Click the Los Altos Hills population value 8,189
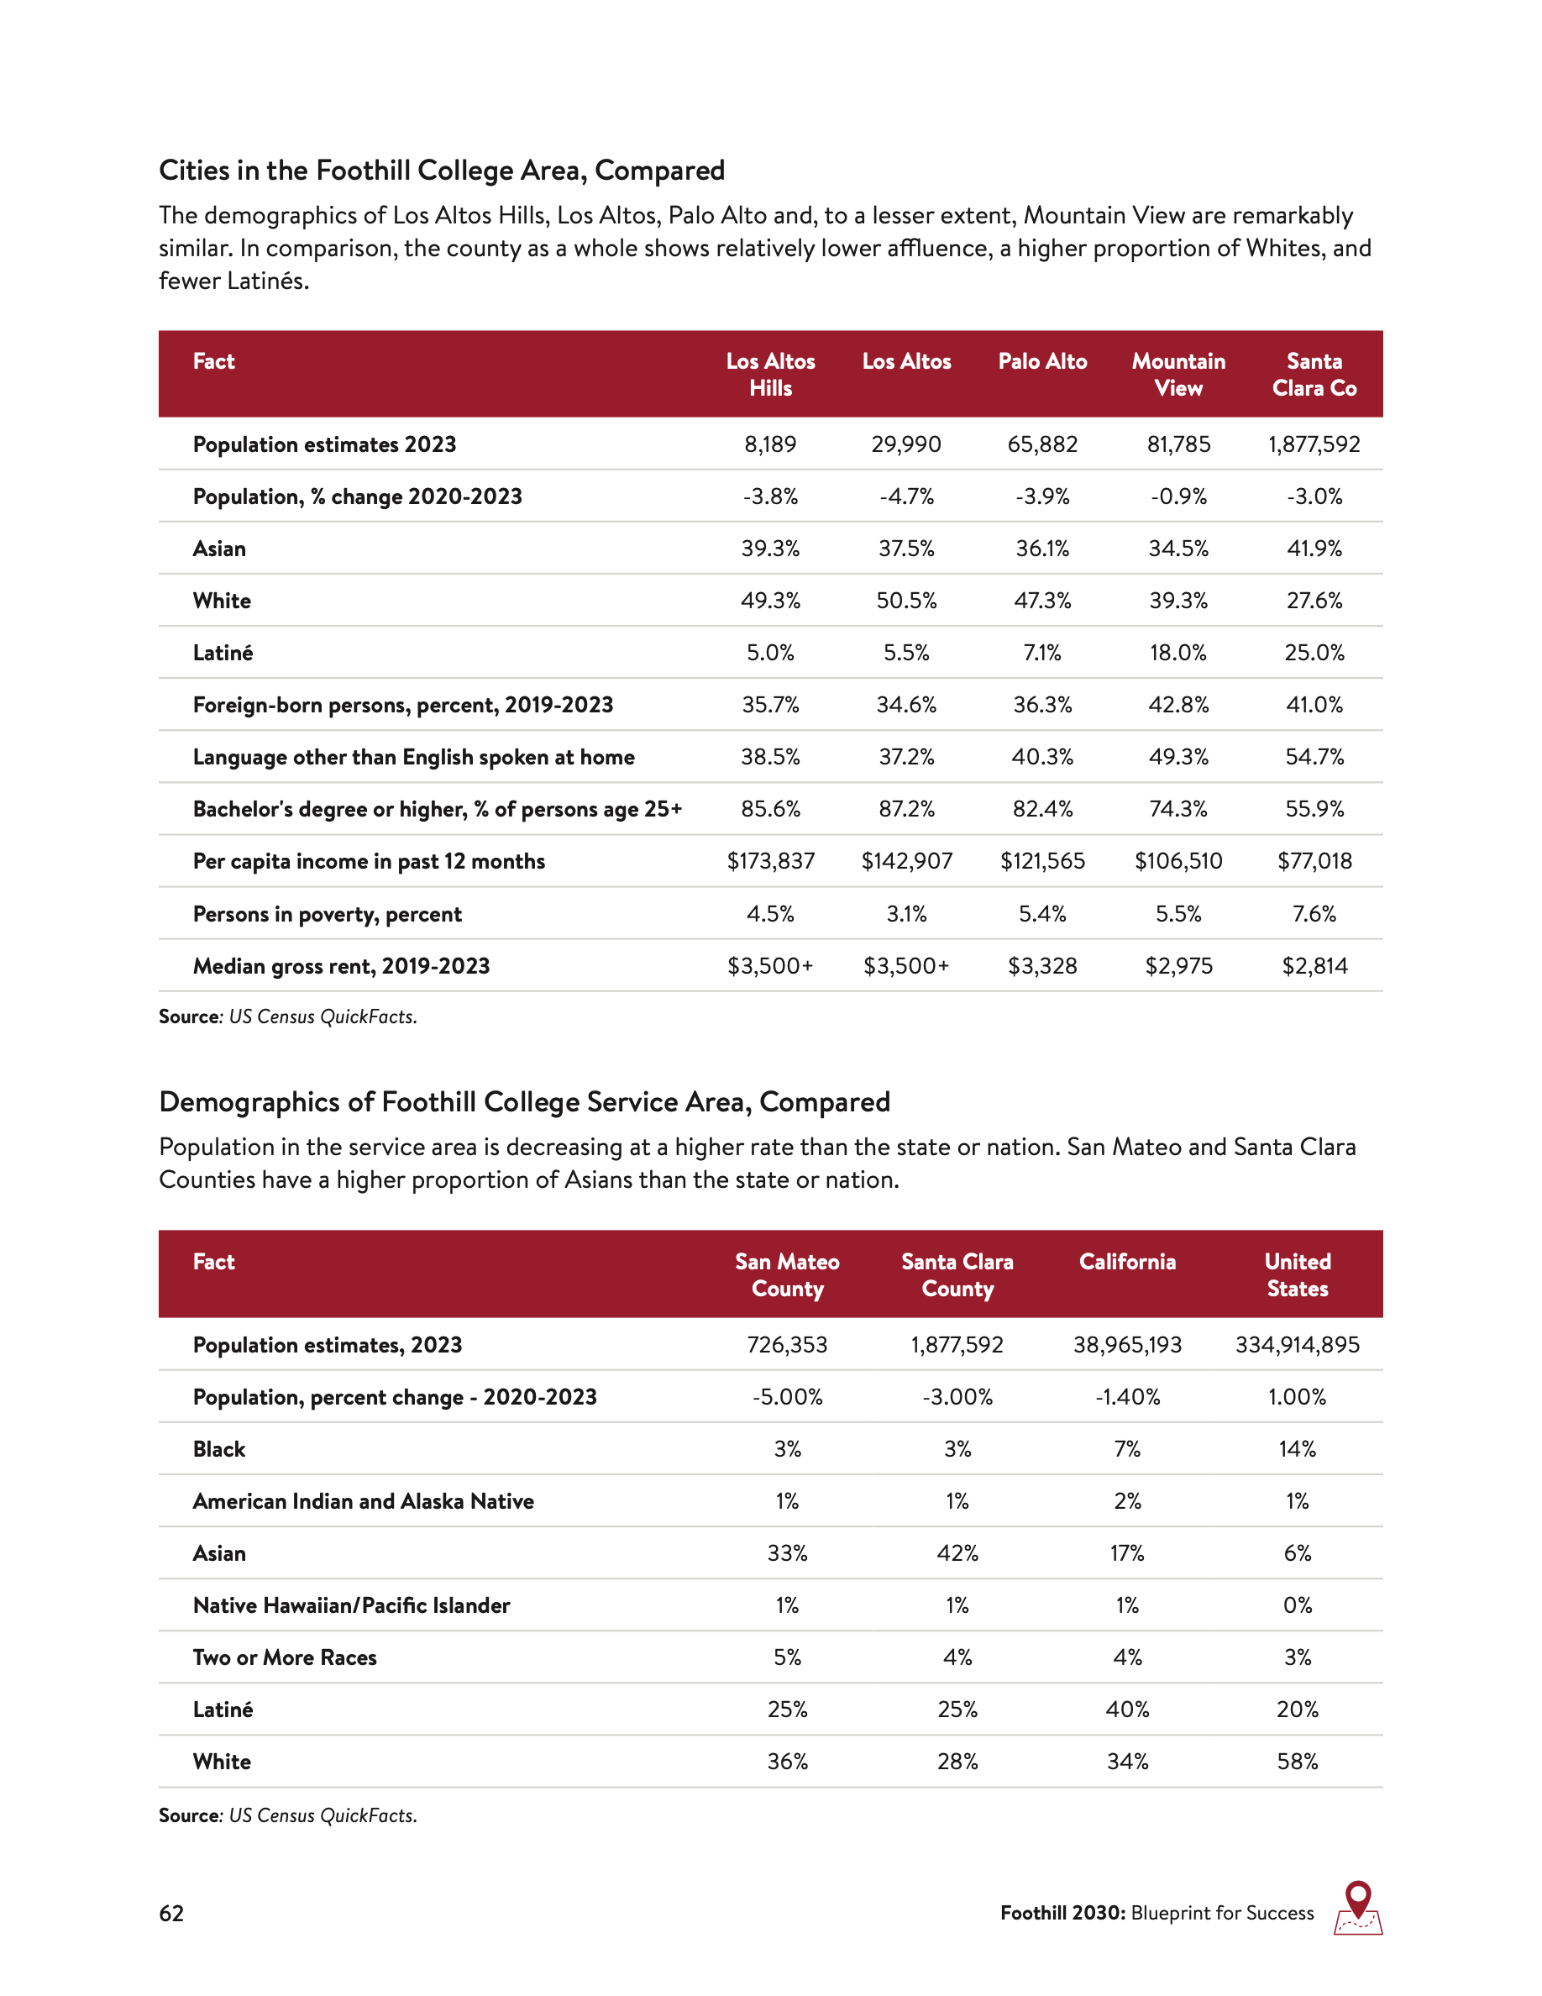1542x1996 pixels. tap(770, 444)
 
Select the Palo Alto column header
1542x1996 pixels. tap(1042, 361)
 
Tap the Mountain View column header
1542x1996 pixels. tap(1178, 374)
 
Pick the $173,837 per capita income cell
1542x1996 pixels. tap(770, 861)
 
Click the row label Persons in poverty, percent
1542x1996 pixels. tap(327, 914)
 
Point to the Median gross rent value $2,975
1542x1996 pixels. tap(1178, 966)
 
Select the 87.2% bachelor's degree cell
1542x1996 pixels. tap(906, 809)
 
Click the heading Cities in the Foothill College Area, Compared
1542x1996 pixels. tap(441, 170)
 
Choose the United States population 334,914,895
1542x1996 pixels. tap(1298, 1344)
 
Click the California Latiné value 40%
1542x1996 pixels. tap(1127, 1709)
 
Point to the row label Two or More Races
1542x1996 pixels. tap(284, 1657)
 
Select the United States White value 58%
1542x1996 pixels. tap(1298, 1761)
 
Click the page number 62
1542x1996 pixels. tap(171, 1913)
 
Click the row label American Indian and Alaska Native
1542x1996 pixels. tap(363, 1500)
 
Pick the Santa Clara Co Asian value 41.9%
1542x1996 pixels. tap(1314, 549)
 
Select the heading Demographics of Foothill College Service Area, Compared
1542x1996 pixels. tap(524, 1101)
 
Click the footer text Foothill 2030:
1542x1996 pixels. tap(1062, 1913)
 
